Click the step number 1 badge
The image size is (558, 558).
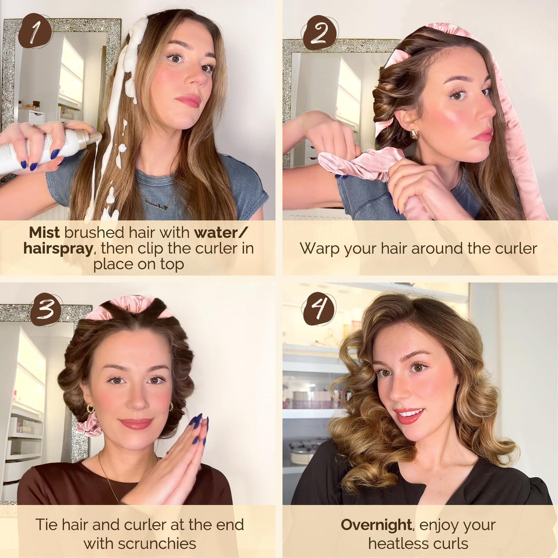35,31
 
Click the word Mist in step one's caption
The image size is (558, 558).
44,232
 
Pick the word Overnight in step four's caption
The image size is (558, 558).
376,525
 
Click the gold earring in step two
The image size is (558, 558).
414,134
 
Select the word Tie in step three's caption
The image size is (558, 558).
47,525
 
